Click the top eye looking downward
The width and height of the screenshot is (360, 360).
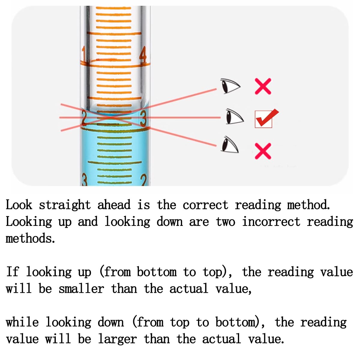pyautogui.click(x=230, y=86)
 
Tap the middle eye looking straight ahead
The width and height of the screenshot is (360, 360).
pyautogui.click(x=235, y=117)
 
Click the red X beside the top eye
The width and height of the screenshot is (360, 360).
pyautogui.click(x=263, y=86)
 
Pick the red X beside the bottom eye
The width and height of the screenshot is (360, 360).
pyautogui.click(x=263, y=151)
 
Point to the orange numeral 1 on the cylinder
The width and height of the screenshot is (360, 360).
pyautogui.click(x=84, y=54)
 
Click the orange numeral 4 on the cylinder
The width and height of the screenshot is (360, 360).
pyautogui.click(x=143, y=54)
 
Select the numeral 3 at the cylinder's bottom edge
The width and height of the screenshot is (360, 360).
pyautogui.click(x=85, y=180)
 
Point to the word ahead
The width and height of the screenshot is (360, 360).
pyautogui.click(x=114, y=205)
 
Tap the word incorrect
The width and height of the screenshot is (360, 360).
pyautogui.click(x=271, y=222)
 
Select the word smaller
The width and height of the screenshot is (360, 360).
pyautogui.click(x=82, y=289)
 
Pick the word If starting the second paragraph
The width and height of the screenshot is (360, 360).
pyautogui.click(x=13, y=271)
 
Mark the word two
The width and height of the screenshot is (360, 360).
pyautogui.click(x=226, y=222)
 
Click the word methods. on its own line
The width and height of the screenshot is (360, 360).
pyautogui.click(x=30, y=238)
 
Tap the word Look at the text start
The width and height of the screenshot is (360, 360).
pyautogui.click(x=19, y=205)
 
